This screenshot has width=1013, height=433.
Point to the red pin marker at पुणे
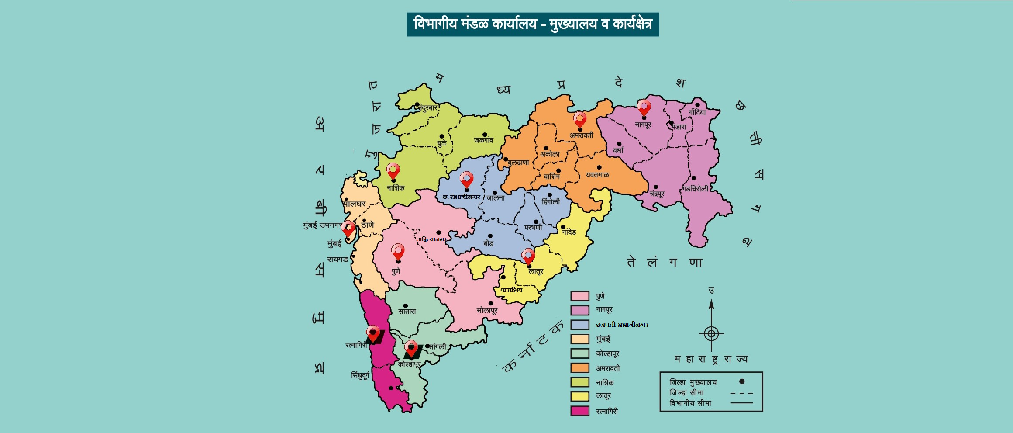click(x=398, y=251)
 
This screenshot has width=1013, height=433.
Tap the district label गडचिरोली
click(x=696, y=189)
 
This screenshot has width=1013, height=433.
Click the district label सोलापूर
click(x=487, y=310)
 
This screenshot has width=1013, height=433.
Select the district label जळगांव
click(x=483, y=140)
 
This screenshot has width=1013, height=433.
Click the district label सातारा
click(x=407, y=312)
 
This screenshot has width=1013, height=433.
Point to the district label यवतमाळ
click(x=597, y=175)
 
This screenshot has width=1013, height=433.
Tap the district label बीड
click(x=488, y=243)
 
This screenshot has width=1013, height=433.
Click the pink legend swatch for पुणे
click(x=580, y=296)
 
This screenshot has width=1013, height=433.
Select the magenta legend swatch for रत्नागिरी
click(x=580, y=411)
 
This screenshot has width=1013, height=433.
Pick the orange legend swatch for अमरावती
click(x=580, y=368)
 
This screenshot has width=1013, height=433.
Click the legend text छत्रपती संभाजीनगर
click(x=622, y=325)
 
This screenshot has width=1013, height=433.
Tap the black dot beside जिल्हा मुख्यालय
click(x=741, y=381)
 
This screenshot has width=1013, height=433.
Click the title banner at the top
click(x=533, y=24)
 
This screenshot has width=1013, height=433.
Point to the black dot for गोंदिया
click(x=697, y=105)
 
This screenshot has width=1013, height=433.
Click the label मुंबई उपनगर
click(x=322, y=225)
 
